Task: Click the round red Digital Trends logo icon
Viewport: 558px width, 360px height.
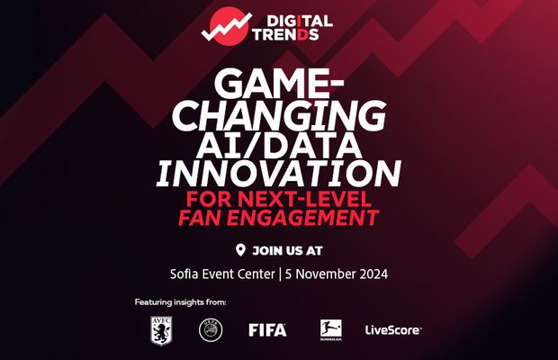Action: pyautogui.click(x=221, y=28)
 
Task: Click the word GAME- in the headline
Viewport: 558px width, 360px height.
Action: pyautogui.click(x=278, y=86)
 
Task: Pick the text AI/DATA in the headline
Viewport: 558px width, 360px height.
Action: pyautogui.click(x=278, y=143)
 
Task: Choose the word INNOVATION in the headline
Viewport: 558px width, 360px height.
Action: pyautogui.click(x=278, y=172)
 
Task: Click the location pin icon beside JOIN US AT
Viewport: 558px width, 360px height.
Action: pyautogui.click(x=239, y=249)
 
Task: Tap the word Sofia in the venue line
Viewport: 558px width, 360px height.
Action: pyautogui.click(x=187, y=275)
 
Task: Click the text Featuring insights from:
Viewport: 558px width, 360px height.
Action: pyautogui.click(x=181, y=302)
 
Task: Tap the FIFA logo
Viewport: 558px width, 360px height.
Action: pyautogui.click(x=267, y=330)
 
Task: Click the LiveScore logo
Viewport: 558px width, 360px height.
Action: pyautogui.click(x=392, y=330)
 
